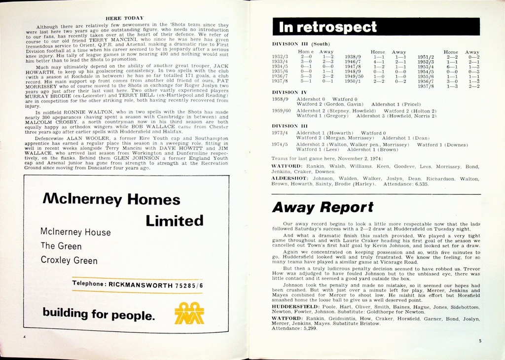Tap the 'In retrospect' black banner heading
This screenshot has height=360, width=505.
(328, 27)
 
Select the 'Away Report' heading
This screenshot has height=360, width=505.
(323, 207)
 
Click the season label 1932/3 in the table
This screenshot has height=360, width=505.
(280, 57)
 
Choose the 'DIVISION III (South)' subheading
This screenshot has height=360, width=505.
(300, 43)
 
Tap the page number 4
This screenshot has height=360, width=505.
(24, 336)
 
